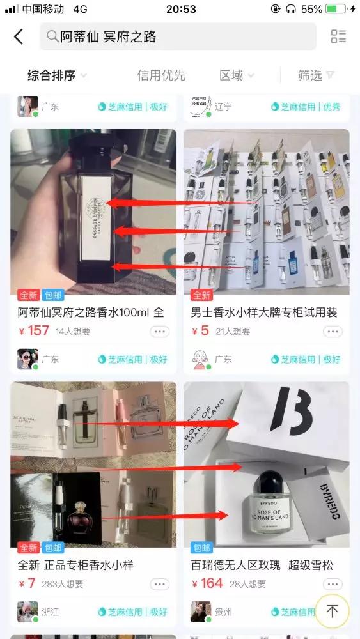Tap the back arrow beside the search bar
click(19, 37)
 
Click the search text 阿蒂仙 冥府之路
click(108, 37)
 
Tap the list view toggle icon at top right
click(338, 37)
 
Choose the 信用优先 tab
click(160, 75)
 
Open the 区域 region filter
click(231, 75)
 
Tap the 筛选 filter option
click(310, 75)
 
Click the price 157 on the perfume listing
click(38, 331)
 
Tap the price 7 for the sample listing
click(31, 583)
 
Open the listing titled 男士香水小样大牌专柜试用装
click(263, 312)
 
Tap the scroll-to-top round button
click(332, 611)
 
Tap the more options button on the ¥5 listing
click(333, 332)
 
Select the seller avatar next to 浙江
click(27, 612)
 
